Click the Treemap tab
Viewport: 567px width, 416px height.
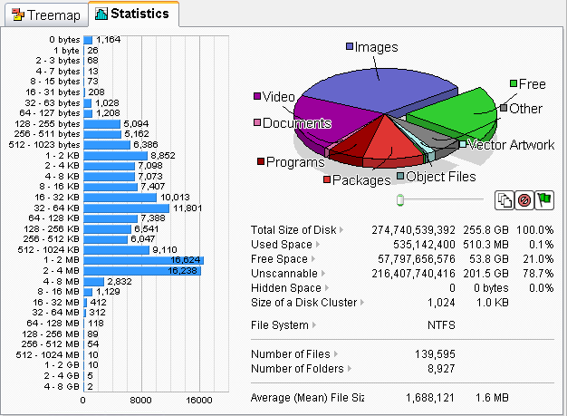coord(44,15)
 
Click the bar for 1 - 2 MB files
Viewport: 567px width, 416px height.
coord(143,260)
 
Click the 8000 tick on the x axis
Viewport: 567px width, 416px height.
coord(140,401)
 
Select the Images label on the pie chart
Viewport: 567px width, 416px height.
coord(376,47)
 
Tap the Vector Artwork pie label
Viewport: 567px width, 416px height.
coord(512,145)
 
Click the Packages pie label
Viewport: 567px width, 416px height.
coord(360,180)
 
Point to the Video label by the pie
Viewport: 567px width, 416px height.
coord(278,96)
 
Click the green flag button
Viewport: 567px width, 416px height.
coord(544,199)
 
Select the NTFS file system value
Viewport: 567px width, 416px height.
coord(441,324)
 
